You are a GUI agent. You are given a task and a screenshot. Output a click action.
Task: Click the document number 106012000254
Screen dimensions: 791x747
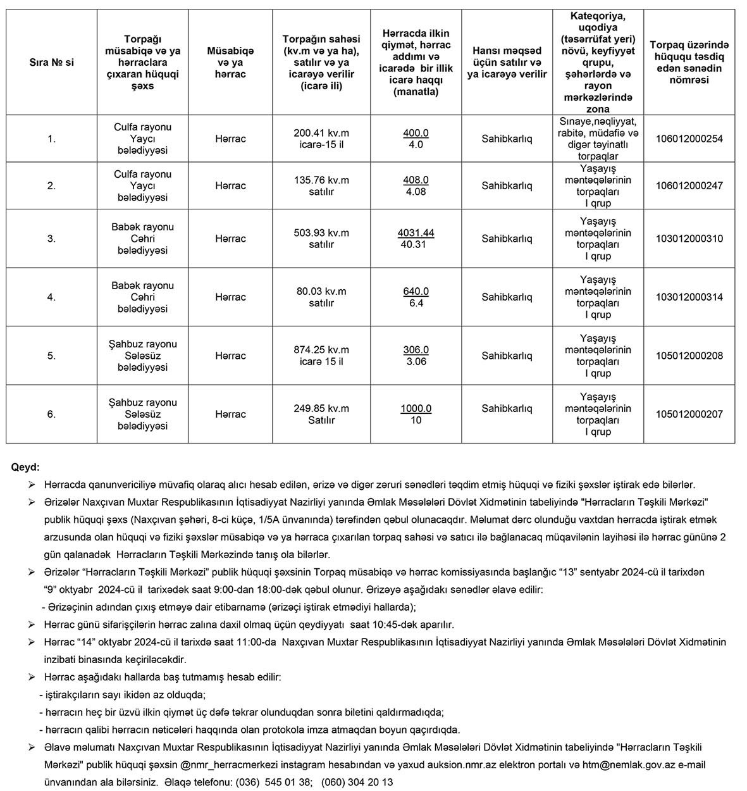click(x=689, y=139)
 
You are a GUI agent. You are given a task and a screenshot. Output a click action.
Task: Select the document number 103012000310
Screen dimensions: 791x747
click(x=689, y=239)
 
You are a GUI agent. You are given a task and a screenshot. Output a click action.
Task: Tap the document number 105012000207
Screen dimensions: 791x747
click(x=689, y=414)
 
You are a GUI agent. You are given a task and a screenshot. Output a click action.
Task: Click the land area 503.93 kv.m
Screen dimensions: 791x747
click(x=321, y=233)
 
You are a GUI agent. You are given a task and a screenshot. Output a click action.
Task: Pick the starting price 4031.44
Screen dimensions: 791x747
click(x=416, y=233)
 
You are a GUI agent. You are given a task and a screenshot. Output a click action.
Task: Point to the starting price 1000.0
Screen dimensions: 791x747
click(x=416, y=409)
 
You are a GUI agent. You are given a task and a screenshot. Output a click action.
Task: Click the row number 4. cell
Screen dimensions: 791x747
click(x=51, y=297)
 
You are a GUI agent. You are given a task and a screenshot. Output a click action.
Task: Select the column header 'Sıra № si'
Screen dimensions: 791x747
click(x=51, y=63)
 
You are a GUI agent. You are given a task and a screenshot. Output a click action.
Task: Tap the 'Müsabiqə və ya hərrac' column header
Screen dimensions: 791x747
click(x=230, y=63)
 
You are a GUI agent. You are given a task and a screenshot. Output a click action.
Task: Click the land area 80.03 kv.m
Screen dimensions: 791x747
click(x=321, y=292)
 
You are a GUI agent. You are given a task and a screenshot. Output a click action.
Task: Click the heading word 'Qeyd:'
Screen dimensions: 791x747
click(x=25, y=468)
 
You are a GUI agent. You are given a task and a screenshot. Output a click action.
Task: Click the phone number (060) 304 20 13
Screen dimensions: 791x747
click(x=357, y=782)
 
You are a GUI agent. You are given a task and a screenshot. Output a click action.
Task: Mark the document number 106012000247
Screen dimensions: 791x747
click(x=689, y=186)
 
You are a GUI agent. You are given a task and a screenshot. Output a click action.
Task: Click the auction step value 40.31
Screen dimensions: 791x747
click(x=416, y=245)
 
